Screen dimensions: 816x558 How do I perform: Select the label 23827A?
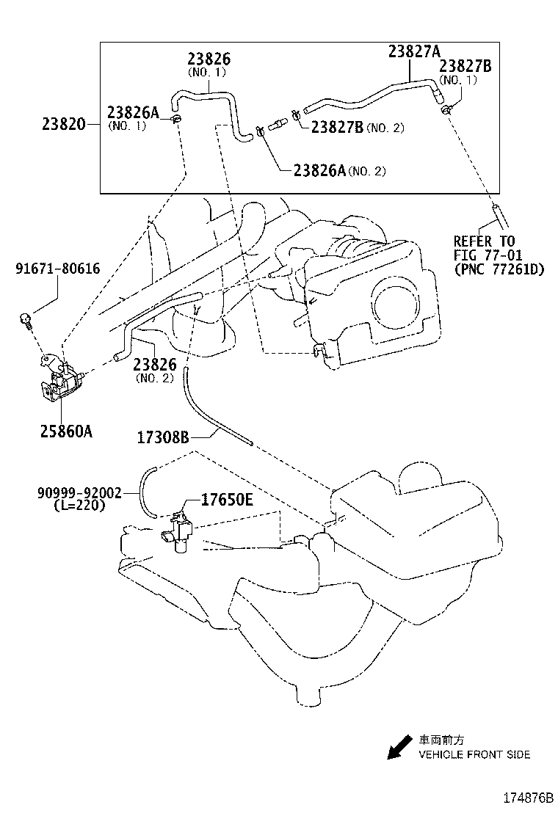414,51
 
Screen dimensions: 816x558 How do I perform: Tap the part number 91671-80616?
57,269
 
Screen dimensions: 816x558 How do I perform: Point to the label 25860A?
66,431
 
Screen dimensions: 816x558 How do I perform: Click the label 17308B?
163,438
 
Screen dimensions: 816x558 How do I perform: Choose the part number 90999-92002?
79,494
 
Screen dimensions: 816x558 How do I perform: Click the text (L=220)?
79,506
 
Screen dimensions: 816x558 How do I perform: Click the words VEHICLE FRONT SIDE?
474,754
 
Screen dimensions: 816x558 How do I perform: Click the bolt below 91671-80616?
26,319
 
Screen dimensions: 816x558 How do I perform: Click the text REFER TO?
484,241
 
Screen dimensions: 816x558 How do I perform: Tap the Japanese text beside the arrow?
442,740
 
